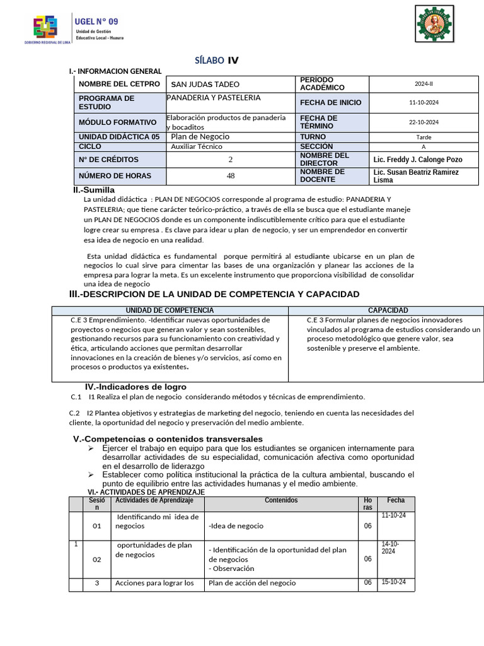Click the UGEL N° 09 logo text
click(x=96, y=21)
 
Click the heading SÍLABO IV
click(x=217, y=61)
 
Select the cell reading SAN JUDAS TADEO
click(x=205, y=85)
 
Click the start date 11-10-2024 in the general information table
click(x=423, y=102)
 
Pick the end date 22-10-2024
click(x=423, y=122)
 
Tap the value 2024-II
click(x=423, y=84)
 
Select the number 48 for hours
click(x=231, y=176)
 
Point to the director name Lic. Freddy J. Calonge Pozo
click(x=418, y=160)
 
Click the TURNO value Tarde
click(x=423, y=137)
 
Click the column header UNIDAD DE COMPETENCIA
click(x=170, y=310)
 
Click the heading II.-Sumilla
click(x=94, y=190)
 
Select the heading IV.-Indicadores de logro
click(x=135, y=387)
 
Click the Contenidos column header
click(x=281, y=500)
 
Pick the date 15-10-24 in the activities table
click(x=394, y=582)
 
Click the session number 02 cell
click(x=96, y=560)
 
